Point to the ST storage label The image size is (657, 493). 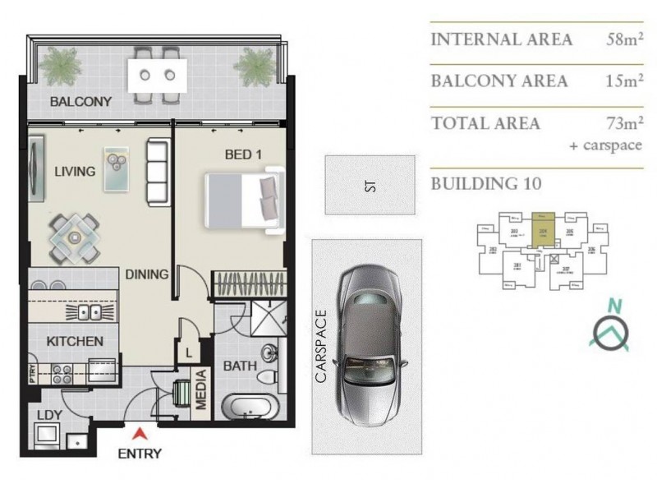370,187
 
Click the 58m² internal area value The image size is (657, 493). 621,39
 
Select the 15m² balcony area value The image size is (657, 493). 621,81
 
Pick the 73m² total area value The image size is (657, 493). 621,123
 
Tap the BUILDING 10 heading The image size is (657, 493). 485,183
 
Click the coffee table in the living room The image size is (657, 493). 116,161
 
